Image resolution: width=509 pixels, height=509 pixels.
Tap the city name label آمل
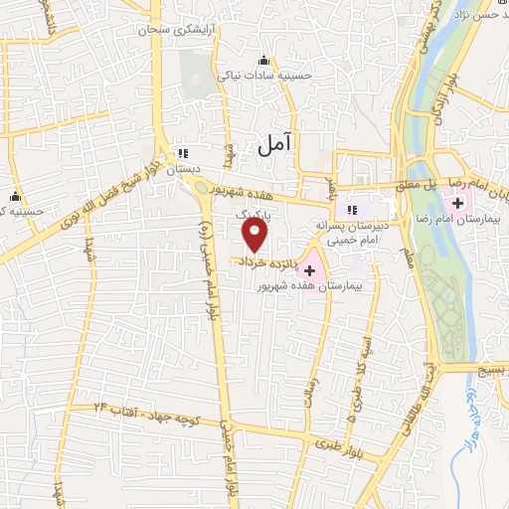(276, 145)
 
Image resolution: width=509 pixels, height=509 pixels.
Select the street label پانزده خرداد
(266, 259)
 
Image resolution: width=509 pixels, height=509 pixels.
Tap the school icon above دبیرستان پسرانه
(351, 211)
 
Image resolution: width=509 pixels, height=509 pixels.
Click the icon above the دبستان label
(182, 153)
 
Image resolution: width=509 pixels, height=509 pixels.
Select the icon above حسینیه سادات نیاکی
(263, 58)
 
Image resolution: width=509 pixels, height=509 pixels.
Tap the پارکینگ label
(253, 214)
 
